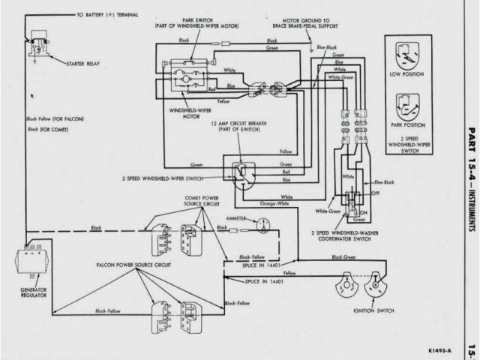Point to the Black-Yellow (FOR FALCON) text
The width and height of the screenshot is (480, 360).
point(55,118)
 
